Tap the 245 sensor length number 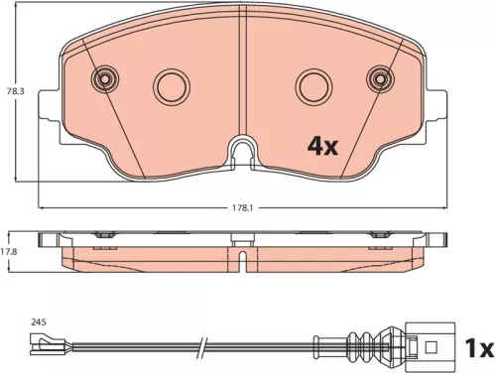39,321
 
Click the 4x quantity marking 322,147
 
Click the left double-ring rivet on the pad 103,80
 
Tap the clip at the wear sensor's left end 44,346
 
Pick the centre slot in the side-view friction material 241,259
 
